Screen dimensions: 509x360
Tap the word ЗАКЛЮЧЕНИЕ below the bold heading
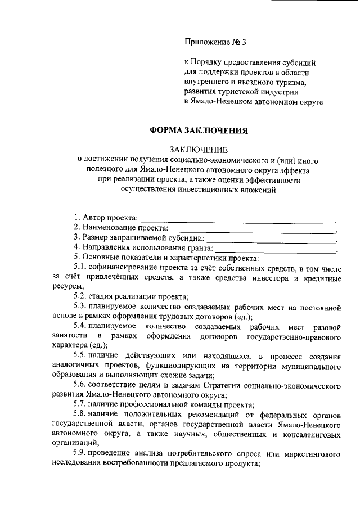(x=199, y=149)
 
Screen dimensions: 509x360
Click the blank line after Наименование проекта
(x=253, y=229)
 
